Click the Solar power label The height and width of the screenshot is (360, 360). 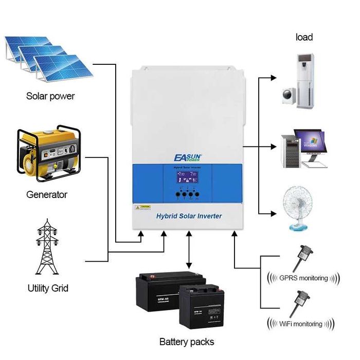(50, 96)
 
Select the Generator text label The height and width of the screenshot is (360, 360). (47, 195)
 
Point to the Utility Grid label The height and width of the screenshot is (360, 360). (48, 288)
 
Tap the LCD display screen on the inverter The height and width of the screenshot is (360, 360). (187, 180)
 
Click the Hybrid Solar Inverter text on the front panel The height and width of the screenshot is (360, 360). (189, 216)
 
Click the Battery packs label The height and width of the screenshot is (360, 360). (186, 341)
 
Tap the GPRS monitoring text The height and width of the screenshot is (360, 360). (303, 278)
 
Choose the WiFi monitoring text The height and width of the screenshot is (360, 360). (302, 324)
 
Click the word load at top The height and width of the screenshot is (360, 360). (304, 37)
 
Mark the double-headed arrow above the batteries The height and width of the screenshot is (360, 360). (189, 250)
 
